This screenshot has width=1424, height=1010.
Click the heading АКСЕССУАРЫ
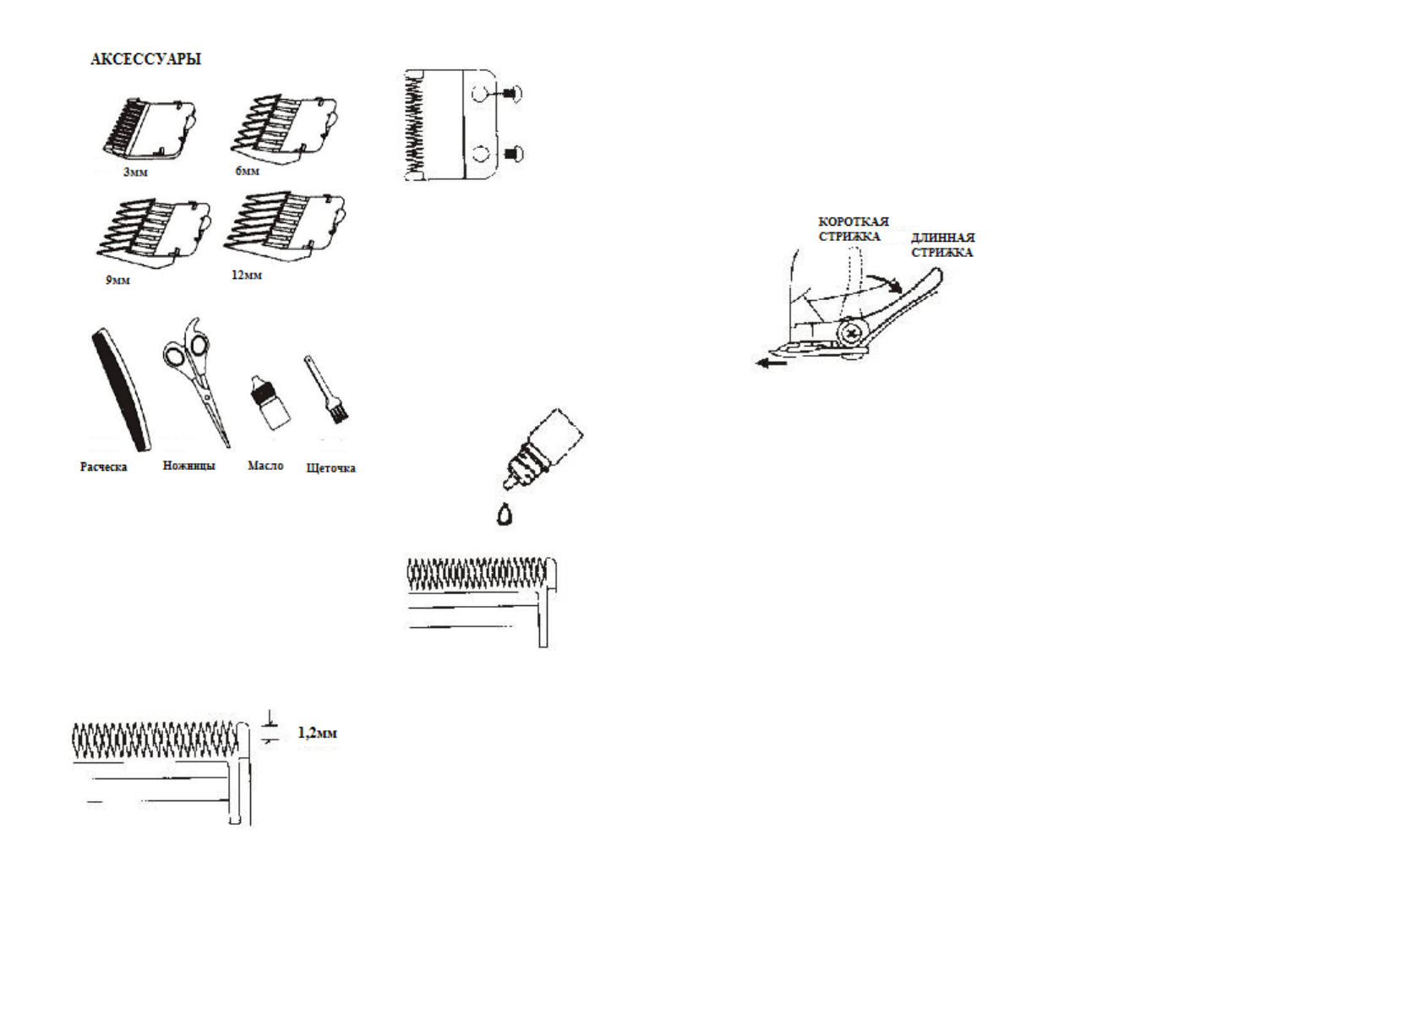[145, 59]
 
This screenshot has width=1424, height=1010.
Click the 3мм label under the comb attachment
[135, 172]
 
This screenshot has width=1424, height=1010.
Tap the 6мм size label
[247, 172]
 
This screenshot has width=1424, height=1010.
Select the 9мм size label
[117, 280]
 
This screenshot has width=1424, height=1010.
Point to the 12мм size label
[246, 276]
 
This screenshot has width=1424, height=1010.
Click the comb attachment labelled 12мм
[285, 224]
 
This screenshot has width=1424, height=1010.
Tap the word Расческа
[103, 467]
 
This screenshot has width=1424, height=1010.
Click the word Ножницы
[188, 466]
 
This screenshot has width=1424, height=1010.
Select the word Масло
[265, 466]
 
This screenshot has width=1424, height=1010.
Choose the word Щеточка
[330, 468]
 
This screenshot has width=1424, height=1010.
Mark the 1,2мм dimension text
[317, 733]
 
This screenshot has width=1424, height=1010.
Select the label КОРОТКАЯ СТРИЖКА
[852, 229]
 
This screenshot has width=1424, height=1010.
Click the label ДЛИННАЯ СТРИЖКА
[942, 245]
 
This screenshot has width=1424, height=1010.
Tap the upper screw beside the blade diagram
[510, 94]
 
